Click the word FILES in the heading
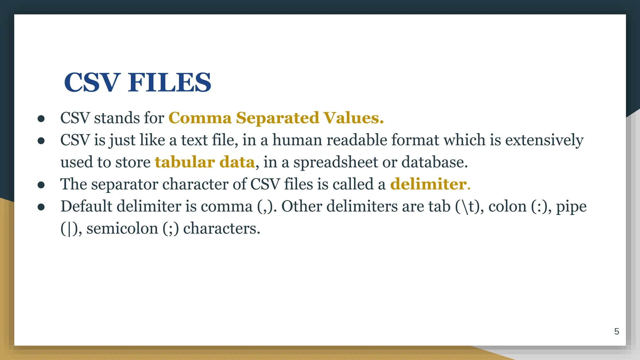tap(169, 82)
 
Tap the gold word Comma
tap(200, 118)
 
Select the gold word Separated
tap(277, 118)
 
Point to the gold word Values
tap(353, 118)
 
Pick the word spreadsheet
tap(336, 162)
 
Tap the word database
tap(434, 162)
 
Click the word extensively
tap(544, 140)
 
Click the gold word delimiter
tap(428, 184)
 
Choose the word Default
tap(86, 206)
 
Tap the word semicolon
tap(122, 229)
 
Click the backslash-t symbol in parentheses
tap(466, 207)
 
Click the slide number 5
tap(617, 332)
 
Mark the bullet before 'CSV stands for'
tap(41, 118)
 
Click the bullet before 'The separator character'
tap(41, 185)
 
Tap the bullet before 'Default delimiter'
tap(41, 207)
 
